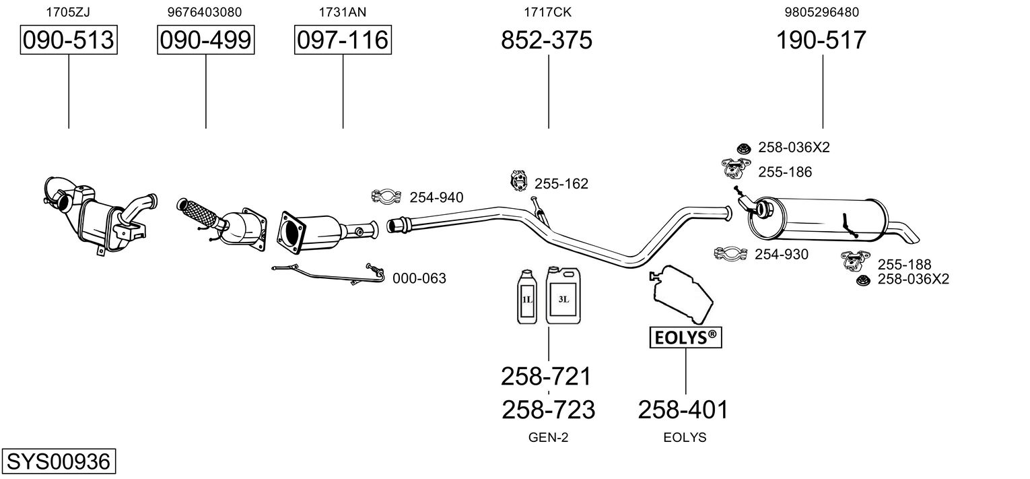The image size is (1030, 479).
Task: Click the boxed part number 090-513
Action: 69,40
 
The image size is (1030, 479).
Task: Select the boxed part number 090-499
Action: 205,40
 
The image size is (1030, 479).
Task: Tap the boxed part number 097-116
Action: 343,40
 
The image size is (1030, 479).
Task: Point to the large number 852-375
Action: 547,40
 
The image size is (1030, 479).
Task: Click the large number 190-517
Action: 821,40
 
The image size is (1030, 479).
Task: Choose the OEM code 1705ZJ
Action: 68,12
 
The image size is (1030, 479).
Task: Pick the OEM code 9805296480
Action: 822,12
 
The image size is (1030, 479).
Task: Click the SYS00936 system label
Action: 59,461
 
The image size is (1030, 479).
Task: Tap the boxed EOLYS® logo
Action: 685,338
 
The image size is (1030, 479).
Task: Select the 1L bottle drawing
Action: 527,297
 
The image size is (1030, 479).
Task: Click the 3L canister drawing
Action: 563,295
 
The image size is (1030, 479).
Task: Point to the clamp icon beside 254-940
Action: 386,197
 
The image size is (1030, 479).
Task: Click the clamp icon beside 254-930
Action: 730,253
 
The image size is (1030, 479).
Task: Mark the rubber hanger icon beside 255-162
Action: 518,181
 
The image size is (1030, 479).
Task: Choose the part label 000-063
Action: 419,278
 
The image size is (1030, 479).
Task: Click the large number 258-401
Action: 683,410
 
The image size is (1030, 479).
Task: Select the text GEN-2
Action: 548,437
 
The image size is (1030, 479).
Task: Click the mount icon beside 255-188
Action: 856,261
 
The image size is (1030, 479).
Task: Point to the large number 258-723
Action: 549,410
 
